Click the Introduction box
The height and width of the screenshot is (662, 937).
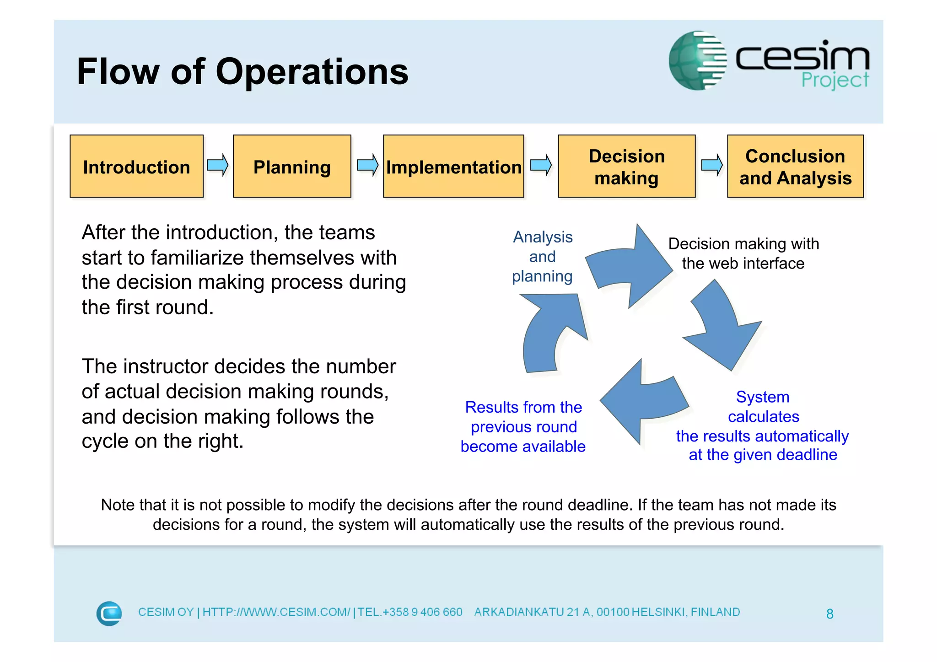click(x=136, y=167)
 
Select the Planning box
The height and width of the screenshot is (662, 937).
click(x=292, y=167)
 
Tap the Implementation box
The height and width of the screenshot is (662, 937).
click(x=453, y=167)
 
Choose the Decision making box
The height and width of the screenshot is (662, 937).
click(x=626, y=167)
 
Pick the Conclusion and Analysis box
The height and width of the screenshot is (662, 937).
click(x=795, y=167)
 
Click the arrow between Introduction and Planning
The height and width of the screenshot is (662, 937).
click(x=218, y=165)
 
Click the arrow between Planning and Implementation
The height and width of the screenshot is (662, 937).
click(x=368, y=165)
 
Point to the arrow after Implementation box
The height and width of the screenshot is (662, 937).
click(x=541, y=165)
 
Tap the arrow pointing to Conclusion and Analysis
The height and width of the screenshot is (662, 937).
click(x=712, y=165)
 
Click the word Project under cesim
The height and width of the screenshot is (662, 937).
click(x=835, y=81)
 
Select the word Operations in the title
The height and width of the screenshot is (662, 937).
click(x=312, y=72)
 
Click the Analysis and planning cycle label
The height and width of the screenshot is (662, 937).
click(x=543, y=257)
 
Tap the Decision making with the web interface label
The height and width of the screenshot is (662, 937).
click(x=743, y=253)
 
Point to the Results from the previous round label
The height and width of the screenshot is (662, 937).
click(x=523, y=426)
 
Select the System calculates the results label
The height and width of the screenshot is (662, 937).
click(x=763, y=425)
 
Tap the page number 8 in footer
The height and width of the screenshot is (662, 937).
click(x=829, y=614)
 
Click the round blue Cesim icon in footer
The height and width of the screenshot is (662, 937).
click(x=109, y=613)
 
